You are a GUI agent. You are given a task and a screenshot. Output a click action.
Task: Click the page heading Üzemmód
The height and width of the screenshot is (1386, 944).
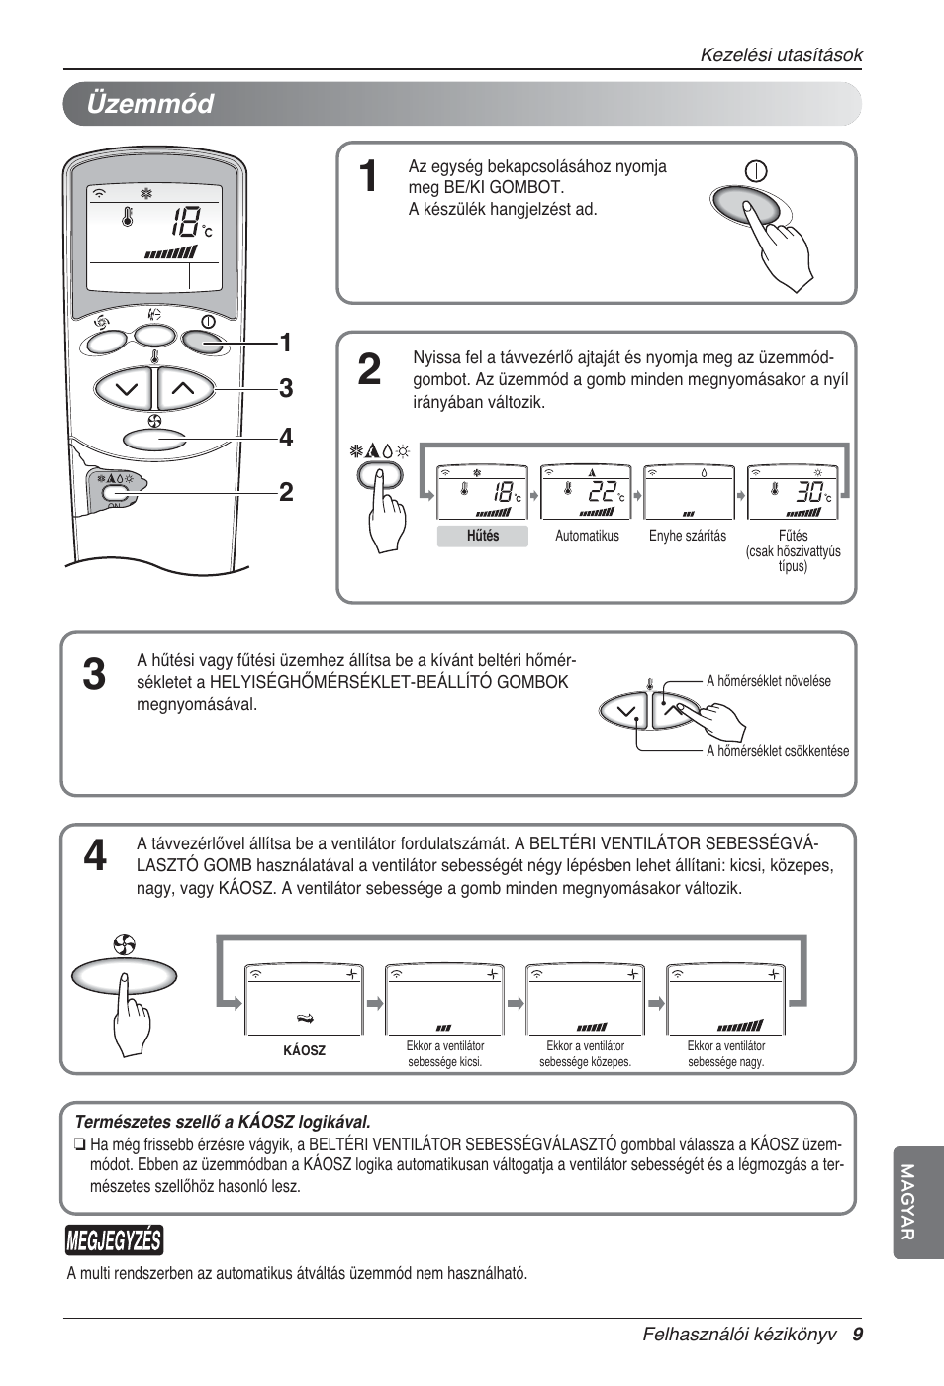click(x=149, y=104)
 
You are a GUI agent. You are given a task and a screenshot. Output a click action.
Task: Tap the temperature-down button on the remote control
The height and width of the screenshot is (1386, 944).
click(x=125, y=389)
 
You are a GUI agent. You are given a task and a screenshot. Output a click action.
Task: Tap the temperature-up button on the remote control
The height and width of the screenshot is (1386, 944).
click(x=184, y=389)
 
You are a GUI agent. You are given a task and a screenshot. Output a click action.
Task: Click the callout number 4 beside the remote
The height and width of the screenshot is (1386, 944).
click(x=286, y=438)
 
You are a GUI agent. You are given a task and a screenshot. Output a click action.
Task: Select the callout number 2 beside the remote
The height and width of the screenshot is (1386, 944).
click(x=286, y=492)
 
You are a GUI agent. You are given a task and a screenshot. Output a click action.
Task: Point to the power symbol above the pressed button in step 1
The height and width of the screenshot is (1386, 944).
click(x=756, y=171)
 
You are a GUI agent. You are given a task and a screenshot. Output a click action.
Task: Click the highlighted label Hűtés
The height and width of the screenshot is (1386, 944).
click(x=483, y=536)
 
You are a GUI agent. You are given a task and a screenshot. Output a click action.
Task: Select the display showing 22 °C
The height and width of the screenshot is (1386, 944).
click(x=586, y=492)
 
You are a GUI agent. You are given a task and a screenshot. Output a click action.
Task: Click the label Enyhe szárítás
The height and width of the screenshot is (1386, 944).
click(x=687, y=536)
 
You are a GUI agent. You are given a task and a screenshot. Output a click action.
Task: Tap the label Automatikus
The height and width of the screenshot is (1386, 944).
click(x=587, y=536)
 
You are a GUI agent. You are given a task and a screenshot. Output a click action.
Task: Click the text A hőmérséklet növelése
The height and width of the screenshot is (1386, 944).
click(x=768, y=681)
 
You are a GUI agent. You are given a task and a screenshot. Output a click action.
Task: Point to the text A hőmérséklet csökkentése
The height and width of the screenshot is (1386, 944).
click(x=777, y=751)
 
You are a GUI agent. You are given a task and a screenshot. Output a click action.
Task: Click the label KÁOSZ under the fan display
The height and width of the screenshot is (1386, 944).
click(x=304, y=1051)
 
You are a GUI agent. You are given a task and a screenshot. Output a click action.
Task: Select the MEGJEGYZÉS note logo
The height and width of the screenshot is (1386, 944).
click(x=114, y=1240)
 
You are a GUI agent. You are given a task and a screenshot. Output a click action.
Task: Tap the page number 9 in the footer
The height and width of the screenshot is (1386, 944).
click(x=857, y=1335)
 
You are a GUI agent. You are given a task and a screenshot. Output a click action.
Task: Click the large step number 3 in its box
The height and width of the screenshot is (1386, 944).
click(x=94, y=675)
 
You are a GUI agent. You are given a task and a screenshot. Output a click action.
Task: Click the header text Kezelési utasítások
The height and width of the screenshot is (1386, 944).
click(x=781, y=55)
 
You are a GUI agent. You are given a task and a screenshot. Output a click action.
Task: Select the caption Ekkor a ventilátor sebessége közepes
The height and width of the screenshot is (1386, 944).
click(x=585, y=1054)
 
